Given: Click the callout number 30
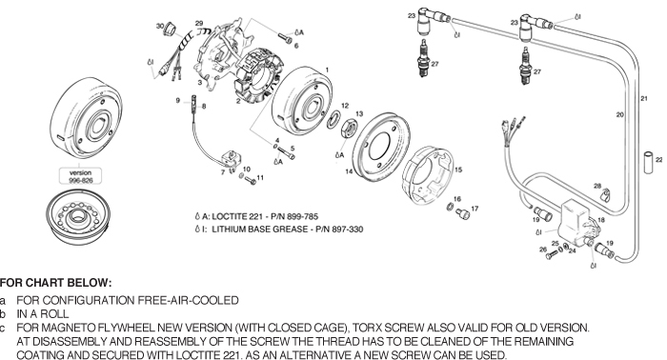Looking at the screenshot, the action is [159, 26].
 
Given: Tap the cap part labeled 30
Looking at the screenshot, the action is [171, 29].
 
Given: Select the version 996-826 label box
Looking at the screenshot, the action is [80, 176].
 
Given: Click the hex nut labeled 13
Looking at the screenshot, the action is [349, 129].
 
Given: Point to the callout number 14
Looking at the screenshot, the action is [349, 171].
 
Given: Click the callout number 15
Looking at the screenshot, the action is [458, 170].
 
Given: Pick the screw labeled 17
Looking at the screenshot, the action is [462, 213].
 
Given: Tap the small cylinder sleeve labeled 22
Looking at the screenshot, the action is [648, 162].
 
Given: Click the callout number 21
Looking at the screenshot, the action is [644, 98].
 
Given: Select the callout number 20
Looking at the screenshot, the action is [619, 114].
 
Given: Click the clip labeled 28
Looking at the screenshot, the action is [604, 195].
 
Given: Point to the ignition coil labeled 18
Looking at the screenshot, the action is [579, 223].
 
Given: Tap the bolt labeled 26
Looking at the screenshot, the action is [552, 254].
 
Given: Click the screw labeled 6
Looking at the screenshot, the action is [285, 38].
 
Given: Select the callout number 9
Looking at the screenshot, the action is [178, 100].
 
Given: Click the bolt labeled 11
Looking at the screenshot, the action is [251, 181].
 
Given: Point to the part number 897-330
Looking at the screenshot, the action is [348, 230].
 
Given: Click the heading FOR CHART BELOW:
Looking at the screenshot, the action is [55, 283].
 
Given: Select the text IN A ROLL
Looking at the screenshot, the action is [43, 314].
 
